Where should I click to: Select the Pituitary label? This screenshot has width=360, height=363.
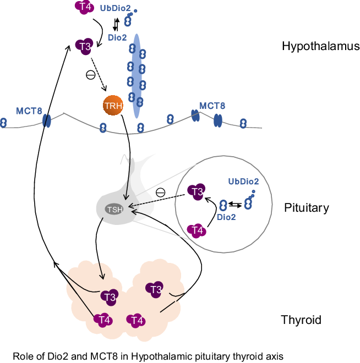point(307,208)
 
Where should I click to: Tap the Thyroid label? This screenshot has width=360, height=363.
point(301,320)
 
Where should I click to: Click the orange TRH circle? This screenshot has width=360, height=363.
point(112,105)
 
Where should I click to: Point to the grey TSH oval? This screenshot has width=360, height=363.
point(114,209)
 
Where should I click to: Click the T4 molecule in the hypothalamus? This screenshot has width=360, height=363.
point(83,7)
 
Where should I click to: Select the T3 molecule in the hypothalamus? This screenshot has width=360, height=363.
point(85,46)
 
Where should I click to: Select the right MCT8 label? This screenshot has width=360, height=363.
point(212,105)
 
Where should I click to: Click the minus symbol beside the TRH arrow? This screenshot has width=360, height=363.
point(91,75)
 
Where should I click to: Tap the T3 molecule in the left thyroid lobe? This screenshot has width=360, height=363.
point(108,296)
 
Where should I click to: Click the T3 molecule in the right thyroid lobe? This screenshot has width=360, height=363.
point(155,289)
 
